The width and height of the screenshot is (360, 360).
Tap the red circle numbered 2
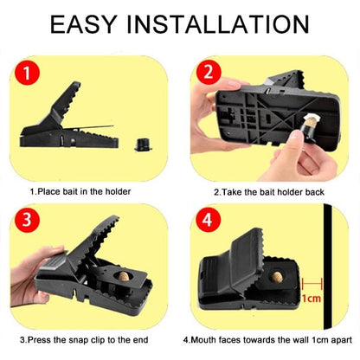click(x=209, y=75)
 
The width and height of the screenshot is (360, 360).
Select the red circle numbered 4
click(x=209, y=222)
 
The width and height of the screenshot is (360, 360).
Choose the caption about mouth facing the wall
click(x=269, y=339)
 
